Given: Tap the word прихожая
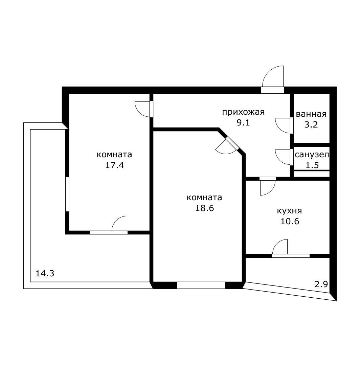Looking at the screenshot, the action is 243,112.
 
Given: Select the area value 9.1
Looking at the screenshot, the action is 243,123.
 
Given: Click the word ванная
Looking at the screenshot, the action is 311,114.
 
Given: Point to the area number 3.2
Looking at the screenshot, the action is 311,124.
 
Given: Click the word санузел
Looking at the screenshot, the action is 312,155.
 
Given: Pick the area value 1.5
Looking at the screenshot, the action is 312,165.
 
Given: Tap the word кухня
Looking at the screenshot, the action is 290,211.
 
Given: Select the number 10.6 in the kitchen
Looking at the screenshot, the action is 290,222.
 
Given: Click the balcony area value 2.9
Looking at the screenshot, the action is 321,284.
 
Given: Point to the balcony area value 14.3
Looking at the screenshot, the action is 45,273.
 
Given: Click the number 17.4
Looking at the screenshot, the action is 114,165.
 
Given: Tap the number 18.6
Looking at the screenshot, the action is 205,208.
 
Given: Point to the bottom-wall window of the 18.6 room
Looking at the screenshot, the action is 201,285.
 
